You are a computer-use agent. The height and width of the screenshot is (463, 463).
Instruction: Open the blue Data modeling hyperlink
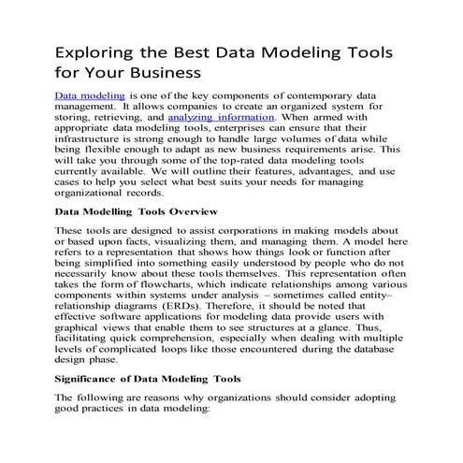(x=90, y=96)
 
